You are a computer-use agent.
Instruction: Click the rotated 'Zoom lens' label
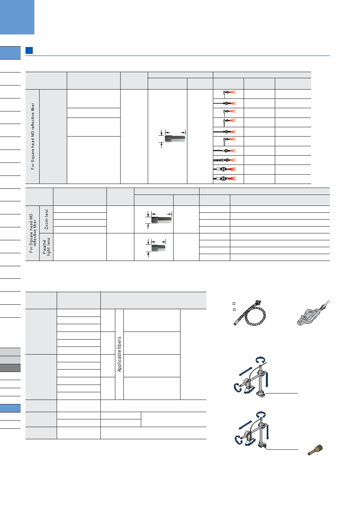click(47, 220)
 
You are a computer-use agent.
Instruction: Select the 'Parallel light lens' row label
click(46, 247)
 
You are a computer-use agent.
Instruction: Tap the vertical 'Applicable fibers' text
click(119, 354)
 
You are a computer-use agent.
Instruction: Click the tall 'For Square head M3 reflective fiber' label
click(33, 137)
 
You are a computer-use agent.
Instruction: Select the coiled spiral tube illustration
click(250, 313)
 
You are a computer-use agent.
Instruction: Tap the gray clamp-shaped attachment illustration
click(313, 313)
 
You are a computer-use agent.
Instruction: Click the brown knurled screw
click(315, 450)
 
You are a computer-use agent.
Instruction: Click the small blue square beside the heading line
click(29, 50)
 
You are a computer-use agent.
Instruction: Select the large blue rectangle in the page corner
click(17, 17)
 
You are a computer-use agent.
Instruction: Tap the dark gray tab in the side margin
click(10, 368)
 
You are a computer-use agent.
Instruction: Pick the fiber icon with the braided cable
click(225, 160)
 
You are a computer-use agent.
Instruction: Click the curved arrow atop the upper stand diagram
click(260, 360)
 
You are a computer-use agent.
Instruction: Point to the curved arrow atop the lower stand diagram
click(261, 415)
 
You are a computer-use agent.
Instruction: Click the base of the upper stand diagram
click(260, 394)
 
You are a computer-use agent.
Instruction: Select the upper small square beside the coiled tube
click(234, 304)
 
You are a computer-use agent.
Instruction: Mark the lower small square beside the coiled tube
click(234, 310)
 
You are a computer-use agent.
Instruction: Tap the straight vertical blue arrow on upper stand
click(267, 379)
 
